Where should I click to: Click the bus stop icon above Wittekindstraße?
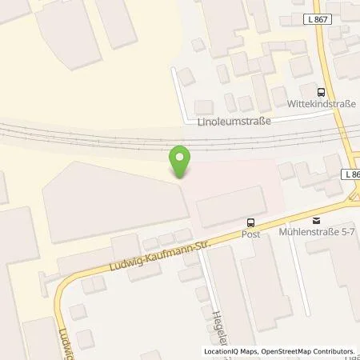(x=321, y=93)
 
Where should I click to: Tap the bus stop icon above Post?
(x=251, y=223)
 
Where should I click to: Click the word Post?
(x=251, y=234)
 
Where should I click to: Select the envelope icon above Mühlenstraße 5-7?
(x=316, y=221)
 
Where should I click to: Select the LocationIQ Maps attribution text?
(x=232, y=351)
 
